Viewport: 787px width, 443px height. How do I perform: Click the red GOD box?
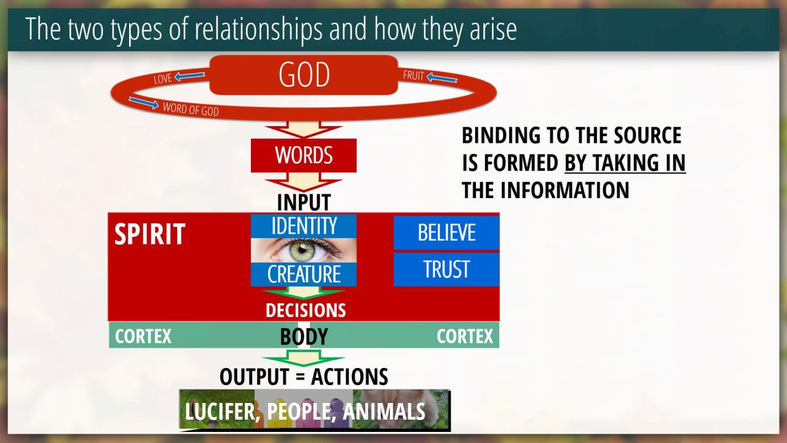(304, 74)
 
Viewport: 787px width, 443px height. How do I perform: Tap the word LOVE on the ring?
(163, 79)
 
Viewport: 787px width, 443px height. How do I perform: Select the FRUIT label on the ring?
(414, 75)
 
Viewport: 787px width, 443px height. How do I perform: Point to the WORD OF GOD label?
(191, 109)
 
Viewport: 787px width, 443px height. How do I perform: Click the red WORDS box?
(304, 156)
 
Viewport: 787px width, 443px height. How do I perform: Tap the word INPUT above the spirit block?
(304, 202)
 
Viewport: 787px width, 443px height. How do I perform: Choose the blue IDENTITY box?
(304, 226)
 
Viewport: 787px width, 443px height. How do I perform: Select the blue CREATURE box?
(304, 274)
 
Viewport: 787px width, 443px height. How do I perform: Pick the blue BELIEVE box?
(446, 233)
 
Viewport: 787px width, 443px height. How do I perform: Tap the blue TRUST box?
(446, 269)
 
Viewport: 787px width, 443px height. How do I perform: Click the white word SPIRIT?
(149, 234)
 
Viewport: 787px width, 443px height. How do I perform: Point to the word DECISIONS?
(306, 311)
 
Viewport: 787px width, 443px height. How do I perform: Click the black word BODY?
(304, 336)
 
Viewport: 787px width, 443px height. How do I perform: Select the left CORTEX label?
(143, 337)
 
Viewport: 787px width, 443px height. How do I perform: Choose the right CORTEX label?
(465, 337)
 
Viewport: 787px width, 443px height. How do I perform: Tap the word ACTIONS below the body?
(350, 377)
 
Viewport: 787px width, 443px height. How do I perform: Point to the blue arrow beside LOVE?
(189, 76)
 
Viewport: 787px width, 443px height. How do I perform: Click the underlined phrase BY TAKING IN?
(625, 163)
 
